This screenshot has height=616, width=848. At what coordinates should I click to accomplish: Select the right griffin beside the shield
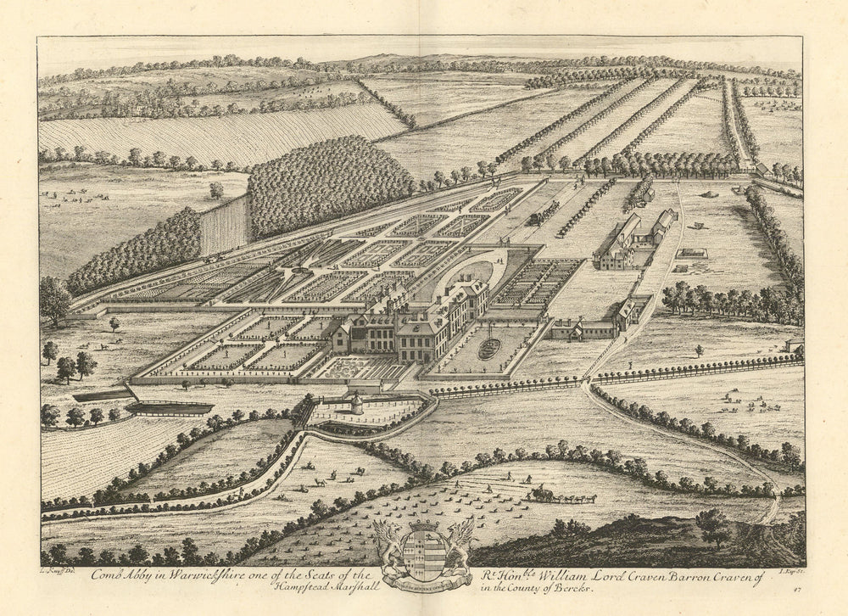[x=459, y=541]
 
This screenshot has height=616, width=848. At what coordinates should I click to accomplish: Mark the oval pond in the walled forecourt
[x=488, y=349]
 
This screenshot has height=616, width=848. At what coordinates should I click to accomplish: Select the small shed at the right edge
[x=795, y=345]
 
